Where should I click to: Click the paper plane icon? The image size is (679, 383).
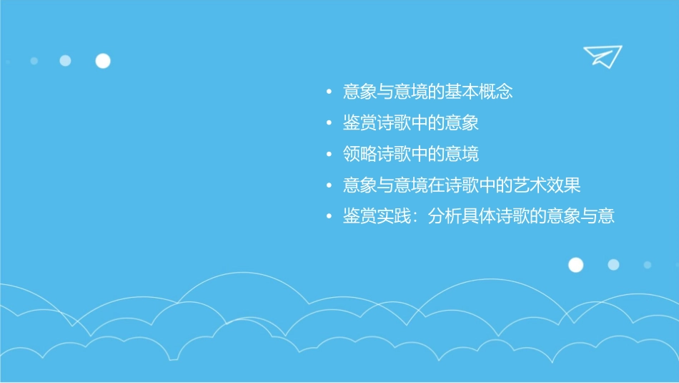[x=602, y=56]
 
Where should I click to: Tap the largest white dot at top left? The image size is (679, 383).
[x=103, y=61]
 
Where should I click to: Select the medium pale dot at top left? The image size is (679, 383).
[x=65, y=61]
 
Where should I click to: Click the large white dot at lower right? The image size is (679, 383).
[x=575, y=265]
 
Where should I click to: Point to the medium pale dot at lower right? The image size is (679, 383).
[x=613, y=265]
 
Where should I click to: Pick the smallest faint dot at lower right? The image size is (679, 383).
[x=647, y=265]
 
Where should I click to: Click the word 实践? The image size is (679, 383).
[x=395, y=216]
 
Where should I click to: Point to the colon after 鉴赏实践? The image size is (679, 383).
[x=418, y=217]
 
